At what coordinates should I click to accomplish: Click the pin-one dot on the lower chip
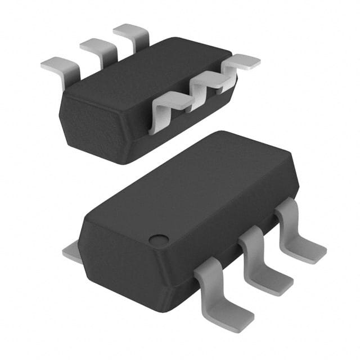(159, 240)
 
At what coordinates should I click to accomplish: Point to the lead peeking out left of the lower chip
(72, 252)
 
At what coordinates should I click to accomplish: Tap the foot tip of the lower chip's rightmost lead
(312, 253)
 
